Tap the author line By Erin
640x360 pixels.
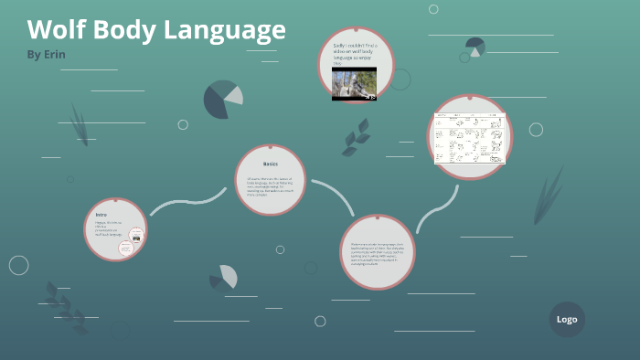click(x=47, y=54)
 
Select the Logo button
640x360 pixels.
click(x=567, y=320)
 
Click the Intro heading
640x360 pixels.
click(x=101, y=215)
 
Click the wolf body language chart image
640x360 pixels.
click(x=470, y=138)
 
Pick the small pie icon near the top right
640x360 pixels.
click(x=475, y=46)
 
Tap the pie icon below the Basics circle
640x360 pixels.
click(x=225, y=277)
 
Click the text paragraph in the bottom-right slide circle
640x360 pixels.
click(x=377, y=252)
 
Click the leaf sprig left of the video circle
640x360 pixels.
click(x=356, y=138)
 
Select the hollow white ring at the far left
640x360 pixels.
click(x=18, y=265)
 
